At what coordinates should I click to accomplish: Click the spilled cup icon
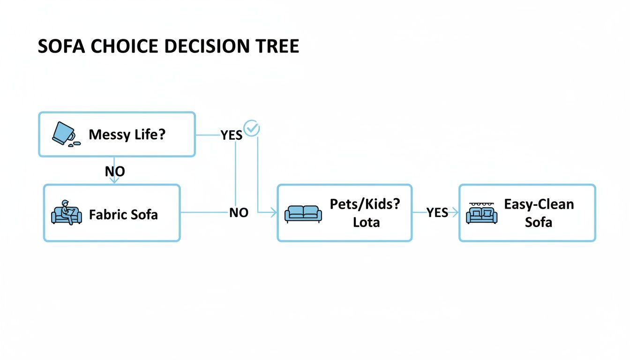tap(64, 134)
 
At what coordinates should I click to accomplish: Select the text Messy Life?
tap(127, 135)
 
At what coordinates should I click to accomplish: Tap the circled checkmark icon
tap(252, 128)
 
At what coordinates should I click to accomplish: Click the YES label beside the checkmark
tap(232, 135)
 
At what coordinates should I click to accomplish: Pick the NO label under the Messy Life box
tap(115, 172)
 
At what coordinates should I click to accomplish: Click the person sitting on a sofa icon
tap(66, 213)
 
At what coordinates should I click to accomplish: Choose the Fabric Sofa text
tap(123, 215)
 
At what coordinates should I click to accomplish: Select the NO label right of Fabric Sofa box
tap(239, 213)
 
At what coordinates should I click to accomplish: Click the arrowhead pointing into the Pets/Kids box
tap(274, 213)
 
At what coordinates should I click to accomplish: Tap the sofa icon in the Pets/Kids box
tap(303, 213)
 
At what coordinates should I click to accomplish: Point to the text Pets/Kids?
tap(365, 205)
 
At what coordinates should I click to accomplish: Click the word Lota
tap(366, 222)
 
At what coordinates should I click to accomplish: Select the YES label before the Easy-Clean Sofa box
tap(437, 213)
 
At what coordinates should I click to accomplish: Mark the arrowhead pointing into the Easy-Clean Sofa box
tap(455, 213)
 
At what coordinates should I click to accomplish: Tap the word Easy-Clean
tap(539, 204)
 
